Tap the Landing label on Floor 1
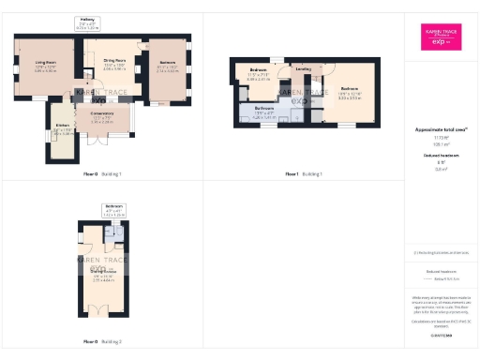point(304,69)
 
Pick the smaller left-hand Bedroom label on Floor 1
point(260,75)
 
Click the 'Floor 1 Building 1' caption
point(304,174)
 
